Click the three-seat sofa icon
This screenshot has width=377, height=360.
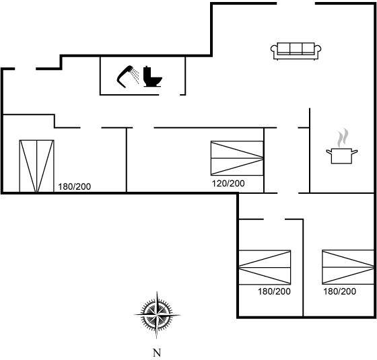296,51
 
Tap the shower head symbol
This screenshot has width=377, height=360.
125,77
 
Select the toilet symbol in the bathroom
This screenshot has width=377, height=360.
152,77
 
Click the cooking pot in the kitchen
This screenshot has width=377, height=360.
342,156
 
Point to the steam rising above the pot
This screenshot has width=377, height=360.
343,138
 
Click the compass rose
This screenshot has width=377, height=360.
157,315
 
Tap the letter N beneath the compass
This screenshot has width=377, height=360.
157,353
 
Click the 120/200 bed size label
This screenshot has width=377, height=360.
228,184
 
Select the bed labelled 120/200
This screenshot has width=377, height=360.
237,158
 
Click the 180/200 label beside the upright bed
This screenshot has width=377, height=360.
75,187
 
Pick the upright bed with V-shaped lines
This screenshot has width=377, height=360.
36,166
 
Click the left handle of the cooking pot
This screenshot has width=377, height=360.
329,152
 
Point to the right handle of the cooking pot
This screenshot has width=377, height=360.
355,152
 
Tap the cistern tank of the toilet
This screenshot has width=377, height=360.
147,71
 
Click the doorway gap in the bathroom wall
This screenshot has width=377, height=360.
170,95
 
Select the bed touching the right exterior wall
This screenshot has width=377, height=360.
348,267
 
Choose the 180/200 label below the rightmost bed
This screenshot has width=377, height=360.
339,291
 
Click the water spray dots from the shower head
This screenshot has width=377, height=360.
135,75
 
